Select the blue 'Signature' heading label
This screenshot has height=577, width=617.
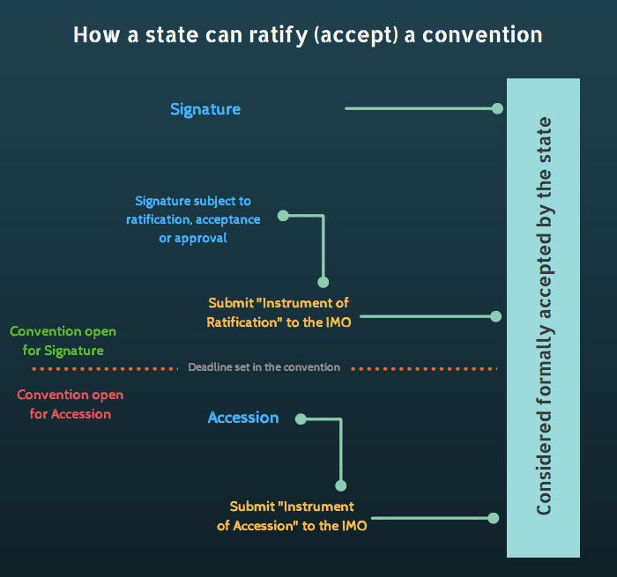tap(205, 109)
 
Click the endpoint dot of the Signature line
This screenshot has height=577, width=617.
tap(497, 108)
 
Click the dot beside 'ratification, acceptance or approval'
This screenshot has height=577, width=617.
tap(282, 214)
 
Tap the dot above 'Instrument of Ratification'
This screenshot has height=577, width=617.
tap(323, 282)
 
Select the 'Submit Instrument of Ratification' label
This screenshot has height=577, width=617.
tap(279, 313)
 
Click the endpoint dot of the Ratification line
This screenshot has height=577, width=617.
tap(495, 315)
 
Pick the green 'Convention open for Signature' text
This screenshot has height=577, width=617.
tap(63, 341)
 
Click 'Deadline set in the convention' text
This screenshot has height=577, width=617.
tap(264, 366)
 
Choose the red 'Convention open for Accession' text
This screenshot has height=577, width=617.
tap(70, 403)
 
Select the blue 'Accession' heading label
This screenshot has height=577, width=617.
tap(243, 418)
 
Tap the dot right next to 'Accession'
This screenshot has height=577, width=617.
tap(301, 418)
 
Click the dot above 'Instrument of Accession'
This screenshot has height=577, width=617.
tap(341, 485)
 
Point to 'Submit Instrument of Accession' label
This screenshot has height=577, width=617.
tap(292, 516)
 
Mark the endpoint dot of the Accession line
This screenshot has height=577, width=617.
tap(494, 518)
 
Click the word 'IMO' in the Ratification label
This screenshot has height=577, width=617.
tap(337, 322)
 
